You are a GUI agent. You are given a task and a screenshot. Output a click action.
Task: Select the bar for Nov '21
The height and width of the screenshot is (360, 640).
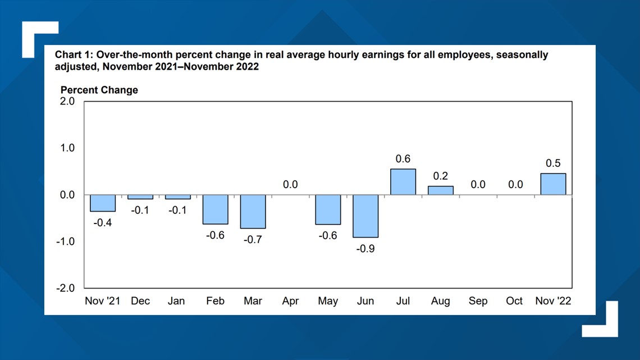103,203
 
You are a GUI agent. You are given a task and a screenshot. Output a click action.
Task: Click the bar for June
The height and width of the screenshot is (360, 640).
365,216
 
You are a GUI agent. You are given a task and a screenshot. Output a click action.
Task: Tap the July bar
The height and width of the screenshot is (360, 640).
403,182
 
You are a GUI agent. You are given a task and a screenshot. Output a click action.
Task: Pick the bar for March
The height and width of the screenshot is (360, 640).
253,211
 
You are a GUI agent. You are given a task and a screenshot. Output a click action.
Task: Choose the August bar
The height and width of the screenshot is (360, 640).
441,190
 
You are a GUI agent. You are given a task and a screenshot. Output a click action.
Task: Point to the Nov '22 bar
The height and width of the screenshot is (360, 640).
553,184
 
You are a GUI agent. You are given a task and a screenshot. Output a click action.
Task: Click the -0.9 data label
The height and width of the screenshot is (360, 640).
365,248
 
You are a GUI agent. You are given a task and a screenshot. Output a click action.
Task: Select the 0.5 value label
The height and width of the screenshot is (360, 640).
553,163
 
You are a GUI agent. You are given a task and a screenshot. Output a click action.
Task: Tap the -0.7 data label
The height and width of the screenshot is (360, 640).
253,239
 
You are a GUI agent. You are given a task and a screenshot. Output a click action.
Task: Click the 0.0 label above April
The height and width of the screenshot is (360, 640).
290,184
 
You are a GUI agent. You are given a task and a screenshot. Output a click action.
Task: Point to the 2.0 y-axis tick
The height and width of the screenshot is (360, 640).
67,102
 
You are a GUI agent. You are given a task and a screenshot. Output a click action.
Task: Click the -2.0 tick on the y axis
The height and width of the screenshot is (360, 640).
66,288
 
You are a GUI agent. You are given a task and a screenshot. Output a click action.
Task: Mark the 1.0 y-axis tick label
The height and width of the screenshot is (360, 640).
67,148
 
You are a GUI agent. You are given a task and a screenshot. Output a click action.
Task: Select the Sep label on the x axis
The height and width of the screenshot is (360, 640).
478,301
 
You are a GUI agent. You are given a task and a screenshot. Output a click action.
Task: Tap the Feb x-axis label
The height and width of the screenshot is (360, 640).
215,301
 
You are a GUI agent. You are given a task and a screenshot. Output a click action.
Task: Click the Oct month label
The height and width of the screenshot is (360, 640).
514,301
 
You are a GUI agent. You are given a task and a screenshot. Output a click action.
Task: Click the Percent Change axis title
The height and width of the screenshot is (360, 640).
99,90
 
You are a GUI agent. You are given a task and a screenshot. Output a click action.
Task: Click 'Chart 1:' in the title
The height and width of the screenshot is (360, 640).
73,55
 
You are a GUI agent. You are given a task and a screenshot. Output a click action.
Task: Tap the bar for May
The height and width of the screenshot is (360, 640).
328,209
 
